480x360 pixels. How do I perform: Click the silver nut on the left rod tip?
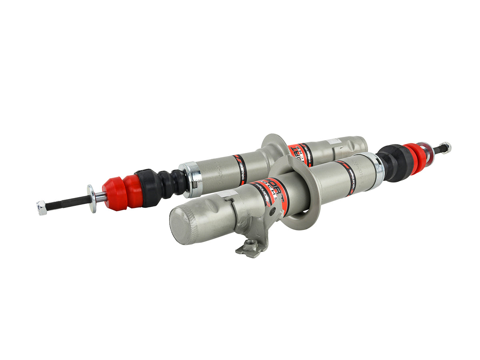pyautogui.click(x=42, y=208)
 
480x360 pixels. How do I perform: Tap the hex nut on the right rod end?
pyautogui.click(x=446, y=147)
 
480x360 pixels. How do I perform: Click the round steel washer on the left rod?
pyautogui.click(x=92, y=198)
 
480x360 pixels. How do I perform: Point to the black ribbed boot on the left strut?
pyautogui.click(x=168, y=184)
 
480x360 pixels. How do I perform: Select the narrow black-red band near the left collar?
pyautogui.click(x=240, y=170)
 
